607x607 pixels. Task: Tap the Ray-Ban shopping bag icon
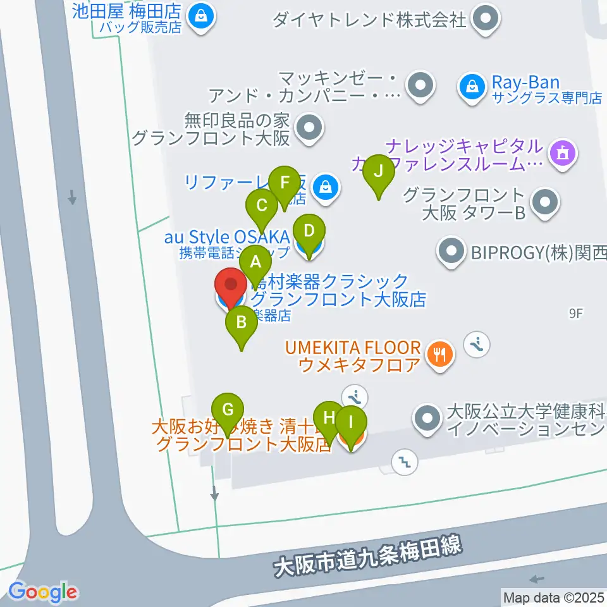point(472,83)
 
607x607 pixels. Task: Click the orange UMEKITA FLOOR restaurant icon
point(440,352)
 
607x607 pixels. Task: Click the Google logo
point(43,592)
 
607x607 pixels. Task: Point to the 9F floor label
point(576,312)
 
